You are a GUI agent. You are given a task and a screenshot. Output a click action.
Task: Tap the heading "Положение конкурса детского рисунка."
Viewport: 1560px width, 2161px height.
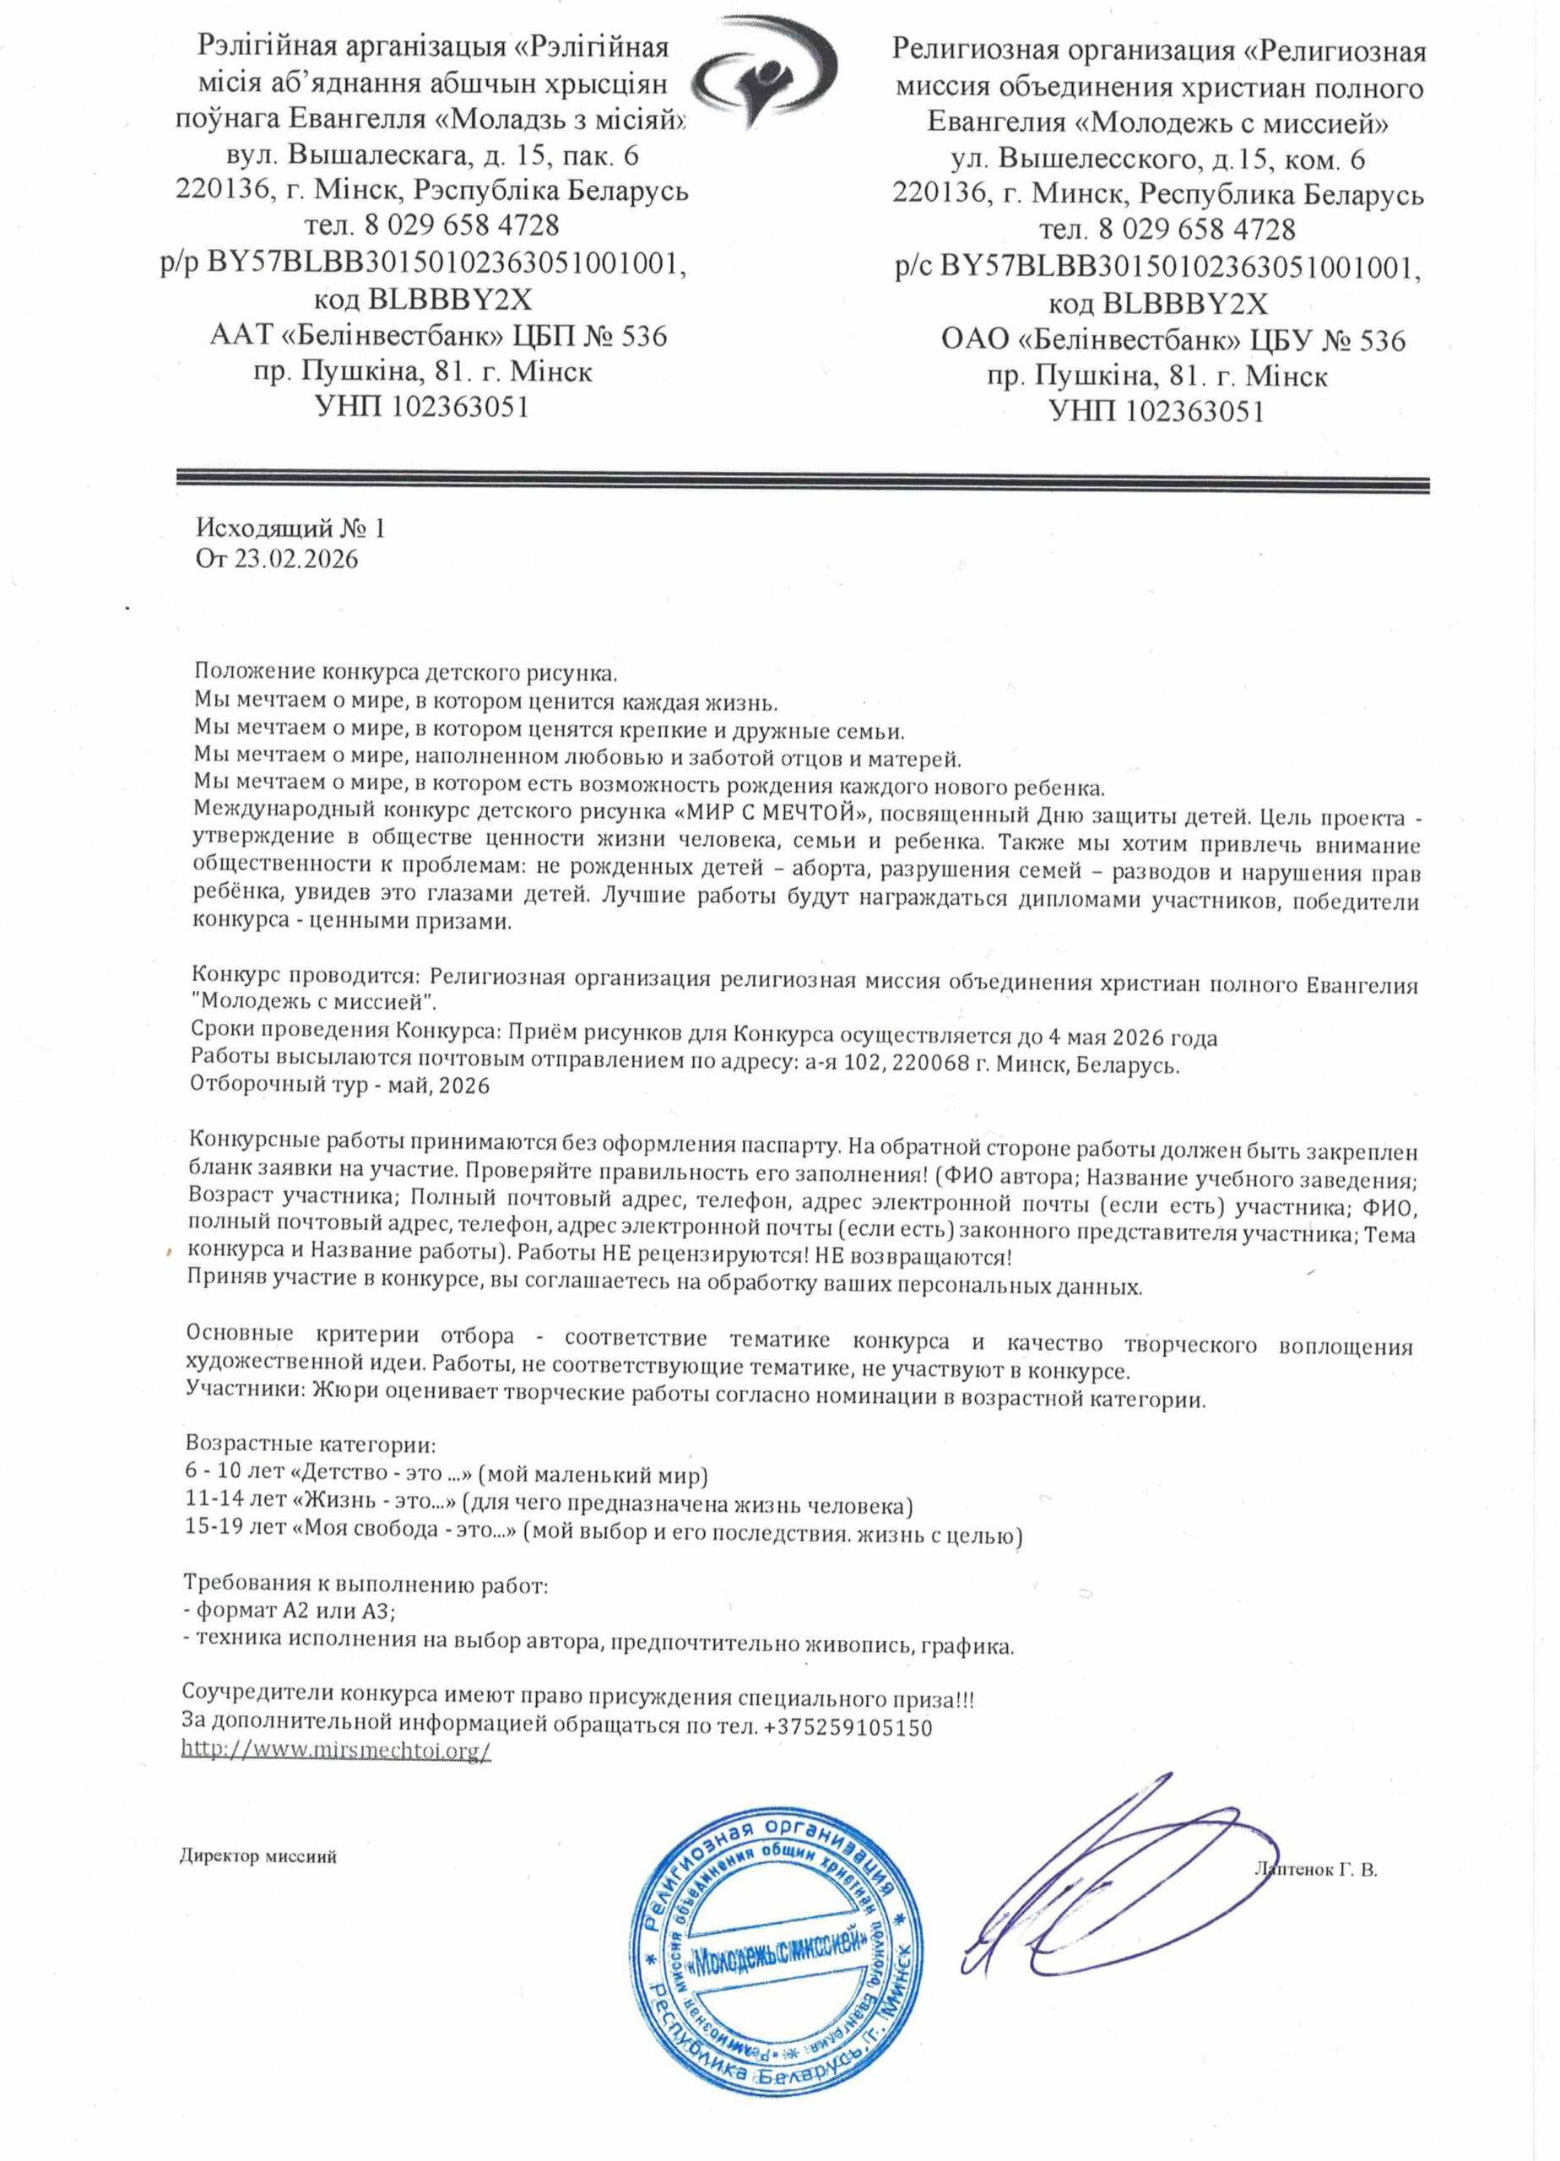pyautogui.click(x=406, y=673)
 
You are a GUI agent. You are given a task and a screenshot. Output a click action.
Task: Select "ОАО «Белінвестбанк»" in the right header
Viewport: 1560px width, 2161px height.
pyautogui.click(x=1089, y=340)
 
